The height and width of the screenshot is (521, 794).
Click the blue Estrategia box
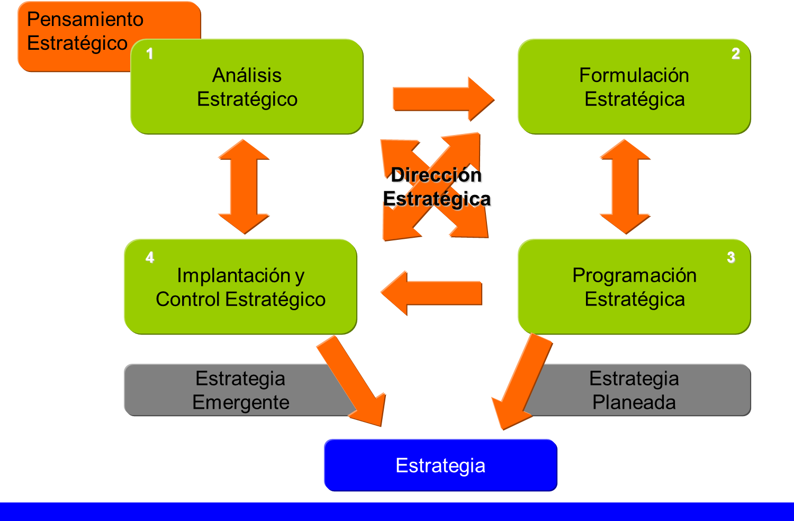coord(440,465)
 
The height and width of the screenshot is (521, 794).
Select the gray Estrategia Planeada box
coord(646,390)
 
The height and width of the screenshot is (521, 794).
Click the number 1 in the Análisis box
coord(150,53)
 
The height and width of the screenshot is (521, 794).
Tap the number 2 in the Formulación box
coord(735,53)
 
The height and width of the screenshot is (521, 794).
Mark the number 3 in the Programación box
coord(730,257)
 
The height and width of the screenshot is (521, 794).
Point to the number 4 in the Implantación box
coord(150,257)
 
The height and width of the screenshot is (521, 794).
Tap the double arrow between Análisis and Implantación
coord(243,186)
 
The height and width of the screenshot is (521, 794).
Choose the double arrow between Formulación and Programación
coord(625,186)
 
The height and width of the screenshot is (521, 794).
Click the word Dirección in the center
coord(437,175)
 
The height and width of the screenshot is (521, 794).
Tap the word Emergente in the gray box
coord(241,402)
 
